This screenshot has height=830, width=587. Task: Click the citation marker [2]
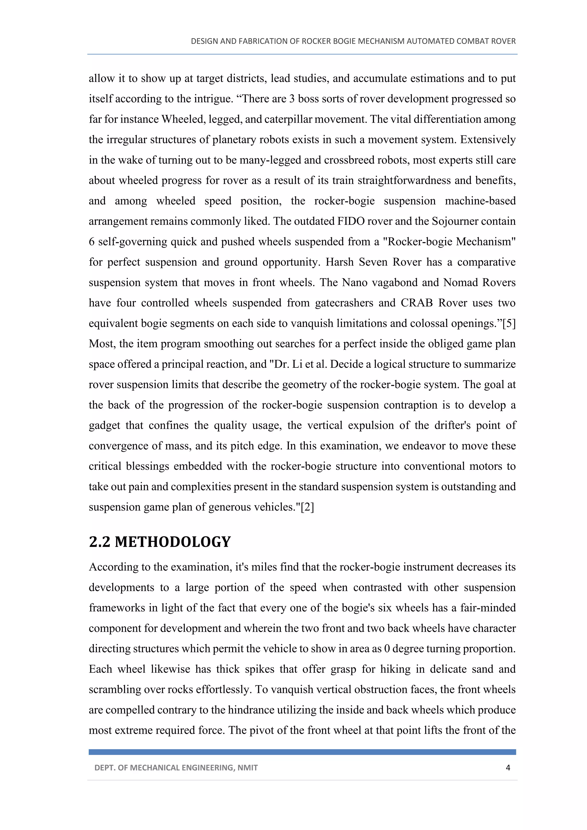(x=307, y=507)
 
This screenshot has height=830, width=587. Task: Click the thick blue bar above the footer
(x=302, y=752)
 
